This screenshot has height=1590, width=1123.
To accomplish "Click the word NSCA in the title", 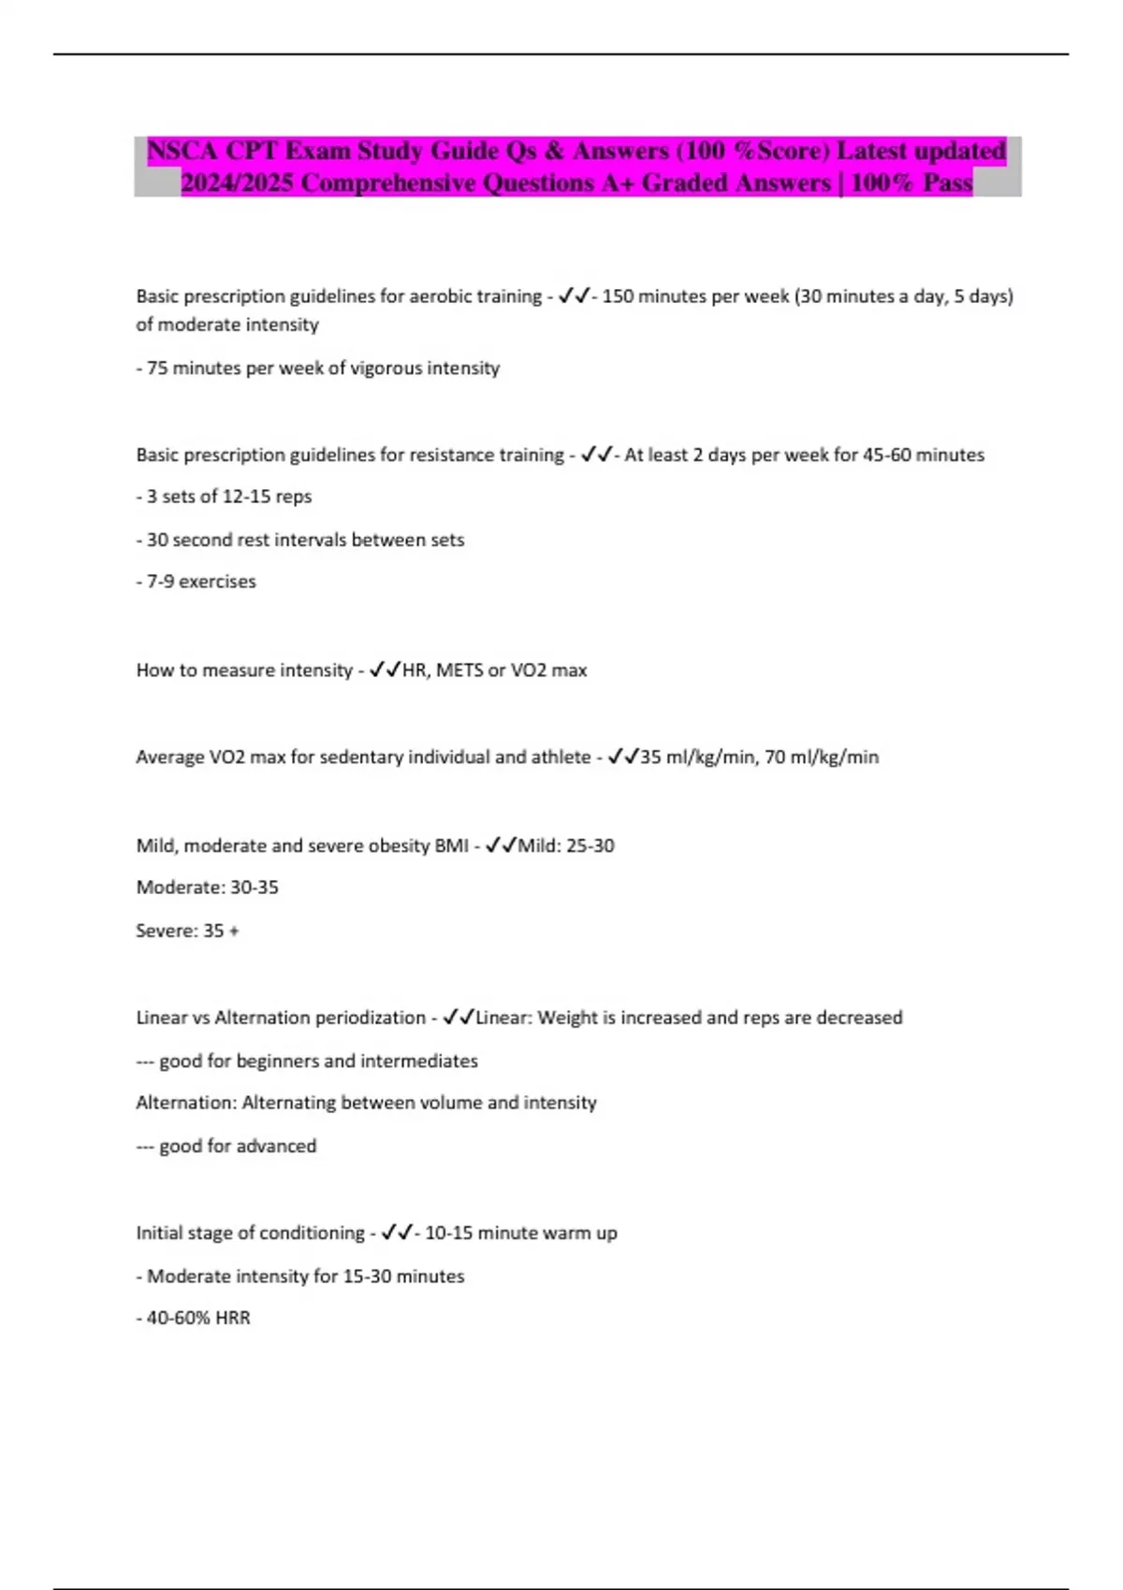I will point(182,152).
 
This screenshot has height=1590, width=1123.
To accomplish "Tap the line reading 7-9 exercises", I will point(197,582).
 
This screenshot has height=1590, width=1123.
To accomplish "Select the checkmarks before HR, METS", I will point(385,670).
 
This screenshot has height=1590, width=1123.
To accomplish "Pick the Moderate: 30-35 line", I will point(207,888).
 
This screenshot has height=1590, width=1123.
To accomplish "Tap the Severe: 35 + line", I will point(187,931).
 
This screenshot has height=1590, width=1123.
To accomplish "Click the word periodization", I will point(372,1018).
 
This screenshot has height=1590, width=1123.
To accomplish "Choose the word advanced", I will point(276,1147).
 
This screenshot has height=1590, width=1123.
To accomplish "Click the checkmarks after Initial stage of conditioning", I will point(396,1233).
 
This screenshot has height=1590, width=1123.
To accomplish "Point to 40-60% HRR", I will point(197,1318).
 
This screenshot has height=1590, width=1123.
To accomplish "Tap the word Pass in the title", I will point(947,183).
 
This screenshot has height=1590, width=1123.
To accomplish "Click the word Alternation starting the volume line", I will point(185,1103).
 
